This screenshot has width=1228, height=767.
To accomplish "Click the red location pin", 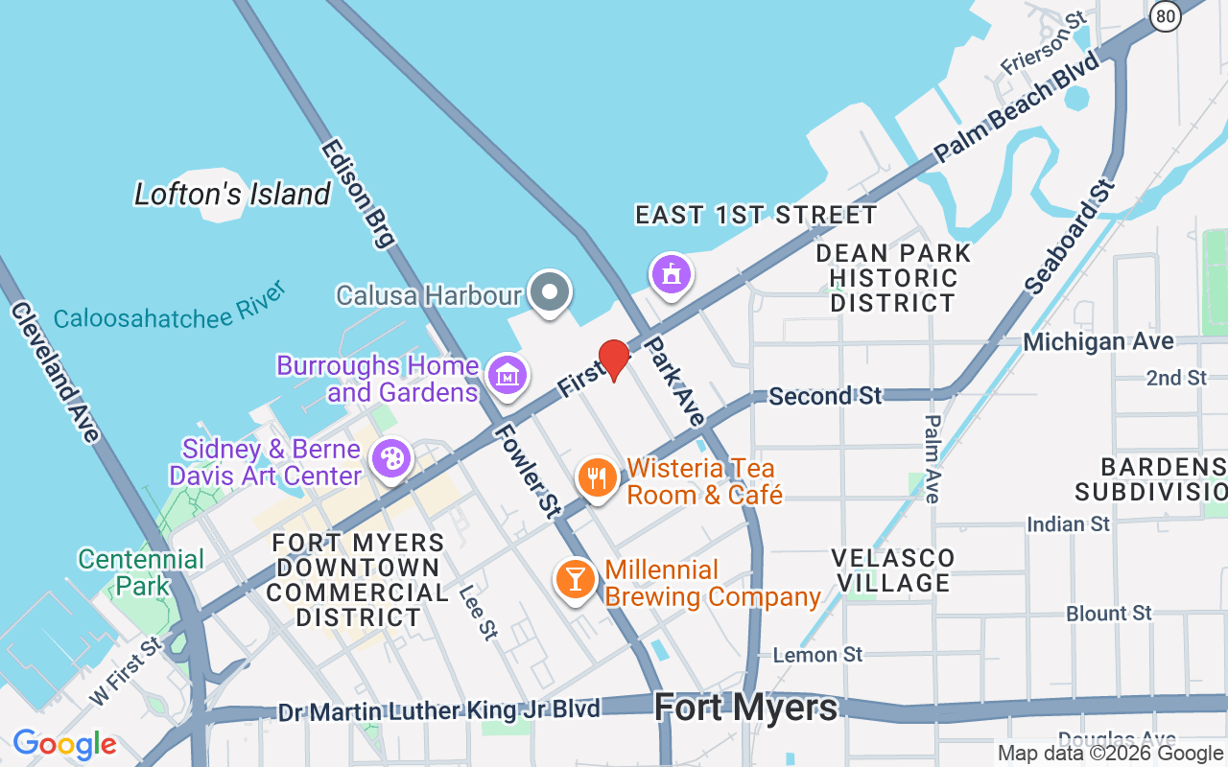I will (x=613, y=360).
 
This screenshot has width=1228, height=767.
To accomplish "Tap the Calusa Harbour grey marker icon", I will (x=551, y=292).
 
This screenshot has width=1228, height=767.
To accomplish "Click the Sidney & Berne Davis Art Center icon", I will (x=391, y=457).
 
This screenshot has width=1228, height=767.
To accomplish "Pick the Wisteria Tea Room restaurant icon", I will (x=597, y=477).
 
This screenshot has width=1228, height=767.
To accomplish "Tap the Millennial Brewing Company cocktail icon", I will (x=575, y=579).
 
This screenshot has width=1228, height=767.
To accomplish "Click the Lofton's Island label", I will (x=232, y=195).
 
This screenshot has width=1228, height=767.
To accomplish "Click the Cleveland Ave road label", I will (x=55, y=371).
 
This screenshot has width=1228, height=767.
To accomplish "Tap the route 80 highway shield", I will (x=1165, y=15).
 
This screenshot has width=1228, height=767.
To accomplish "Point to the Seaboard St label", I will (x=1071, y=236).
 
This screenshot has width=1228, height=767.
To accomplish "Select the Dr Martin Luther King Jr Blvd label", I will (x=438, y=710).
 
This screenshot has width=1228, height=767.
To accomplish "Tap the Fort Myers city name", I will (x=745, y=709).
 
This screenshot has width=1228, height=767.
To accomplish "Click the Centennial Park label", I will (x=141, y=572).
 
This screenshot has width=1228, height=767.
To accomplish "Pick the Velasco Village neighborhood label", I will (x=892, y=570).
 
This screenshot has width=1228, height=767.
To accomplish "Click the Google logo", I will (x=64, y=743).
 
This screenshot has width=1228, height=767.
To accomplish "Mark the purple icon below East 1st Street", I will (x=672, y=275).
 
